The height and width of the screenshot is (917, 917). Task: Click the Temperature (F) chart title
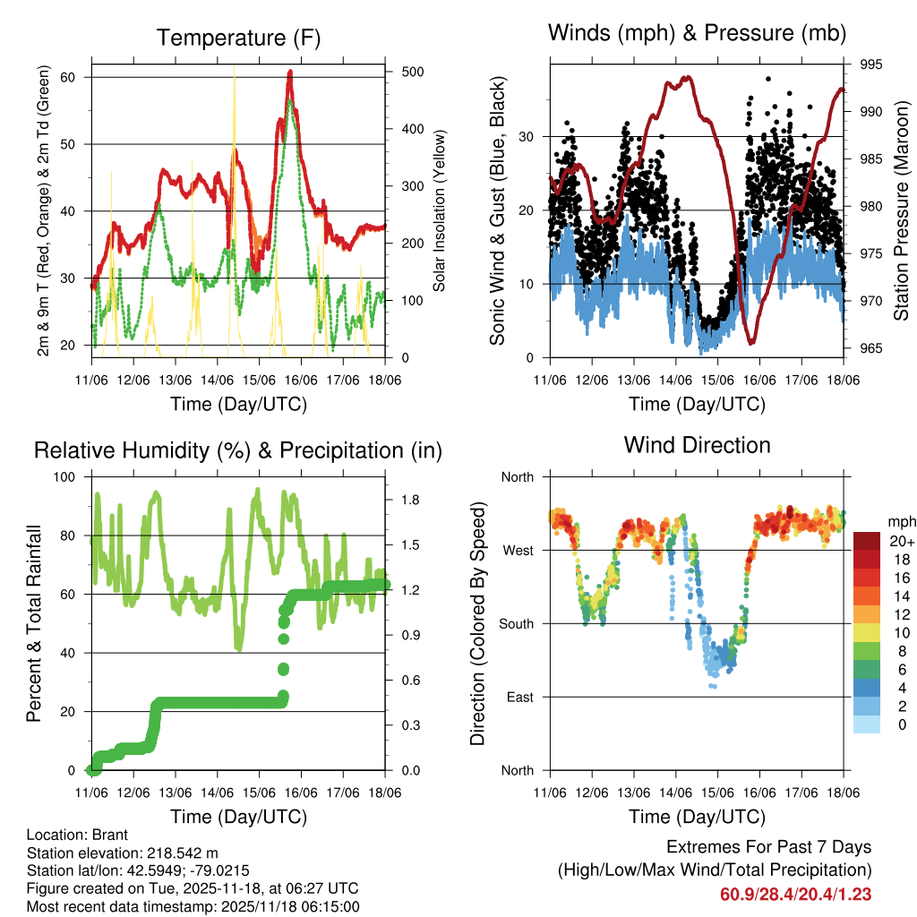[238, 38]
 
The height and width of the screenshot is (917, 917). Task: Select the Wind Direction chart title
[697, 444]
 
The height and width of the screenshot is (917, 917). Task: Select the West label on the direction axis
[518, 550]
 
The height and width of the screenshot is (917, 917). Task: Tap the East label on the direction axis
[519, 697]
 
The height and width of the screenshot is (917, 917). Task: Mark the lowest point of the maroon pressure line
[750, 343]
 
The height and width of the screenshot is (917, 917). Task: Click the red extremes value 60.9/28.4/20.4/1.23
[795, 894]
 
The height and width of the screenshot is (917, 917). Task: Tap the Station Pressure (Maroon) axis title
[901, 210]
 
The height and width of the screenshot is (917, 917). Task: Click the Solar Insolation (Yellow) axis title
[439, 210]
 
